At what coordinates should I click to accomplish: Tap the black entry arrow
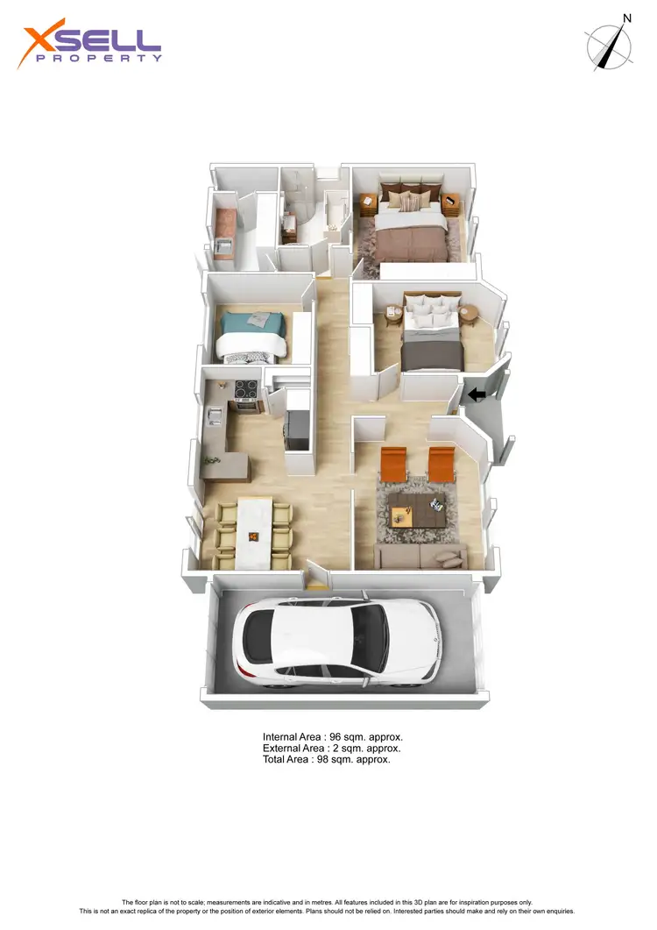[477, 395]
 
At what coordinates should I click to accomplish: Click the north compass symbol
[610, 46]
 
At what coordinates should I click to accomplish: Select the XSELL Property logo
[91, 46]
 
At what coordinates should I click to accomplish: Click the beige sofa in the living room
[420, 556]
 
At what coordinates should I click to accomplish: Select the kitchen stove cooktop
[244, 391]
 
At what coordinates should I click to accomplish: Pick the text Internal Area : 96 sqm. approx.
[332, 737]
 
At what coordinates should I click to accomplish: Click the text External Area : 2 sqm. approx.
[331, 749]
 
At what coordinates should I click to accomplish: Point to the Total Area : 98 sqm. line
[326, 760]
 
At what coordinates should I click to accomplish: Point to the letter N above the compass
[626, 18]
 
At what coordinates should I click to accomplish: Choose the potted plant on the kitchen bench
[210, 458]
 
